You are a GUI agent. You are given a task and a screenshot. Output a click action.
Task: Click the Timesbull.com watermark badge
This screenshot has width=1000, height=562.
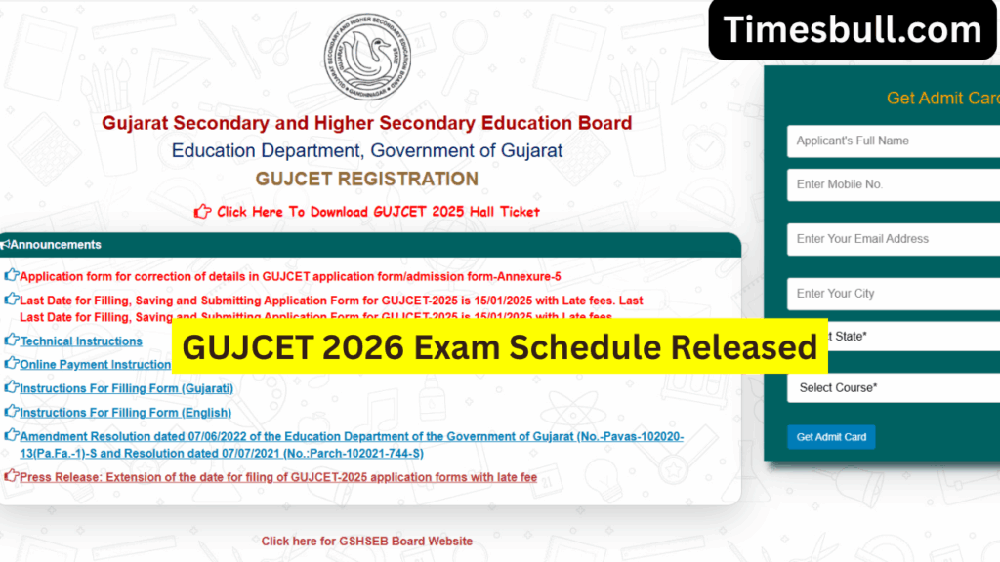coord(853,30)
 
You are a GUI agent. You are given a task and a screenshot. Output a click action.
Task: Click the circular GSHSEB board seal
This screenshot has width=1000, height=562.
coord(367,57)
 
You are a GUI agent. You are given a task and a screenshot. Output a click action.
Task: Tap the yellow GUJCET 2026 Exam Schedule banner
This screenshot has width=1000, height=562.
coord(500,346)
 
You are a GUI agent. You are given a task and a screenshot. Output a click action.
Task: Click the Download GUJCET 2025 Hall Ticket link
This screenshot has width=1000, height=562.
coord(378,212)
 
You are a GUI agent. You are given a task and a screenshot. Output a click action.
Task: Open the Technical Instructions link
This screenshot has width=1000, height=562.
coord(81,341)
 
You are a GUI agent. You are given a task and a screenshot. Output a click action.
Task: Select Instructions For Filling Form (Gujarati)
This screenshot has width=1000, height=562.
coord(126,388)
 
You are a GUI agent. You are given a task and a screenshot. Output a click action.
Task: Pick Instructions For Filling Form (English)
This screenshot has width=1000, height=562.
coord(125,413)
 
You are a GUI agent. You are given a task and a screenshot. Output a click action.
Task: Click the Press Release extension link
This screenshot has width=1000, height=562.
coord(278,477)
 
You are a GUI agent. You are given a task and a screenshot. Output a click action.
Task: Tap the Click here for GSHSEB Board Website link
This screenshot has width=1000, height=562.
coord(366,541)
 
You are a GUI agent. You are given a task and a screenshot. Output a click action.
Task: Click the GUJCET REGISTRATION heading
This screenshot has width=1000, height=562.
coord(366,180)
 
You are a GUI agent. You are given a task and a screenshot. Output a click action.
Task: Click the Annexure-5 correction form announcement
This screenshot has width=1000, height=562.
coord(290,276)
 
